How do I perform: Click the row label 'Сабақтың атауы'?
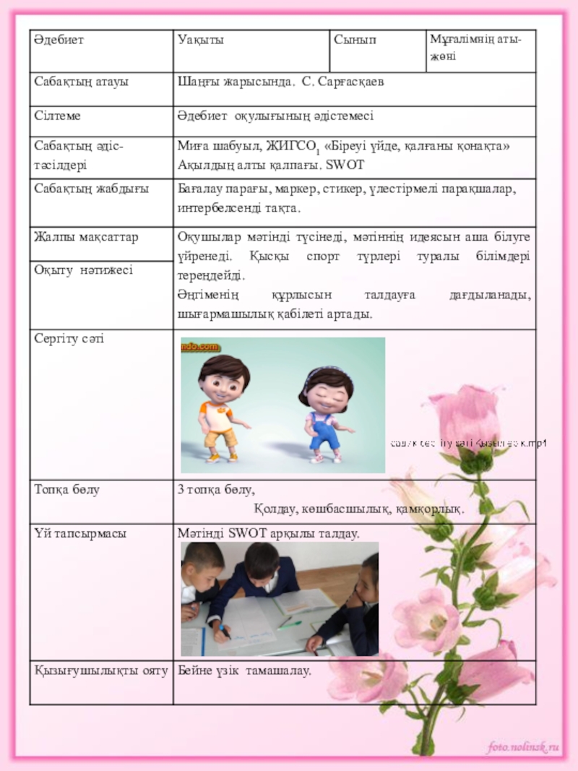[81, 81]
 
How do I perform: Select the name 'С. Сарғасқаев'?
[343, 81]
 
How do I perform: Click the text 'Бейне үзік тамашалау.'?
[245, 671]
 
